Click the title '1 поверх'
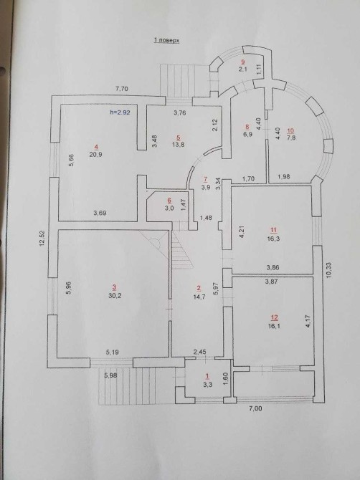point(166,40)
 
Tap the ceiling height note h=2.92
point(120,112)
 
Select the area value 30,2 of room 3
point(114,296)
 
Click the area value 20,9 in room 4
point(96,155)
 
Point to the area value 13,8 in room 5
point(178,145)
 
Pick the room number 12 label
point(274,317)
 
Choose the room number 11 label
point(274,230)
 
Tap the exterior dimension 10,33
point(329,269)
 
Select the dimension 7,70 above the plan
point(122,89)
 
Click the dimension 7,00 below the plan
point(256,408)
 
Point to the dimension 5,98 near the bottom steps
point(110,375)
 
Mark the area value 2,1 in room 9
point(242,69)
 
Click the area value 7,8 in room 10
point(291,138)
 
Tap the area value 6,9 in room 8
point(247,134)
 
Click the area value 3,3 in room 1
point(207,385)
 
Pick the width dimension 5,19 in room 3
point(113,352)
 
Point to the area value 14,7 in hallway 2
point(199,296)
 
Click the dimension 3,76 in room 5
point(180,112)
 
